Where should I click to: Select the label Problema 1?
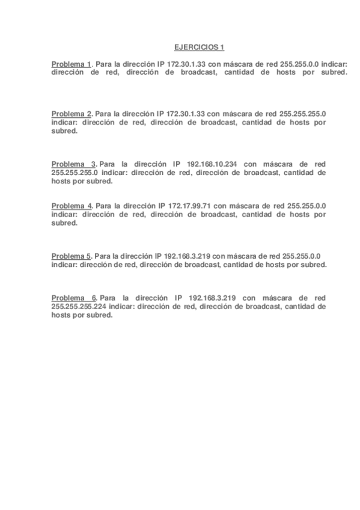click(x=71, y=64)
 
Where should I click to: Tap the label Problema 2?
click(x=71, y=114)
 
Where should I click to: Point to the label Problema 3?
click(x=73, y=164)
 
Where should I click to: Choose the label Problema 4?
click(x=71, y=206)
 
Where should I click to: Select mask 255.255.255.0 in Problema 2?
click(x=303, y=114)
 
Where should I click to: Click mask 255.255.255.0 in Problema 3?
click(x=75, y=171)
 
